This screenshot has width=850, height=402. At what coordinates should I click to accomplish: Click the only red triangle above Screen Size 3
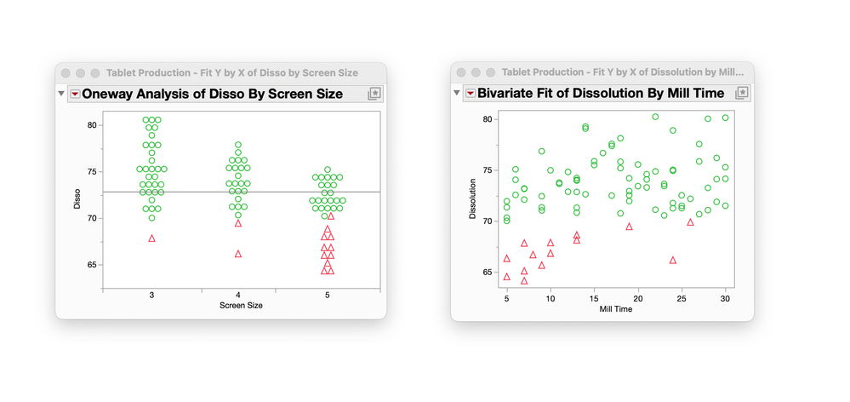tap(151, 238)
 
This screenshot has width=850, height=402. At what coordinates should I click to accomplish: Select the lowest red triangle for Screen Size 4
tap(238, 254)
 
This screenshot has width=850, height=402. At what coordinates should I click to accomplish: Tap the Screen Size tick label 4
tap(238, 295)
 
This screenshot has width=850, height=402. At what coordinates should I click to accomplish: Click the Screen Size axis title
tap(241, 305)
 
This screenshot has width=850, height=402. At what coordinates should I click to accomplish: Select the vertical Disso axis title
tap(77, 203)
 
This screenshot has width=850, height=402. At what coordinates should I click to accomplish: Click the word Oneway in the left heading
tap(110, 94)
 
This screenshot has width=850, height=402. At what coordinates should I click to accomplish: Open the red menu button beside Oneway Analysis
tap(75, 94)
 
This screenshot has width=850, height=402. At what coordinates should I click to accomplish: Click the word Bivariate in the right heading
tap(509, 93)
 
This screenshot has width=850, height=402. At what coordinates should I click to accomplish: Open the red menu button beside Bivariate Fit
tap(470, 93)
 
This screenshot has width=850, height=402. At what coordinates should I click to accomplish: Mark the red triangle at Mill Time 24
tap(673, 260)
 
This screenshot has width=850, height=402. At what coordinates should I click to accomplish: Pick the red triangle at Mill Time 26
tap(691, 222)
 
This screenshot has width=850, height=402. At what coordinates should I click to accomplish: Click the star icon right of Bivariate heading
tap(742, 93)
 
